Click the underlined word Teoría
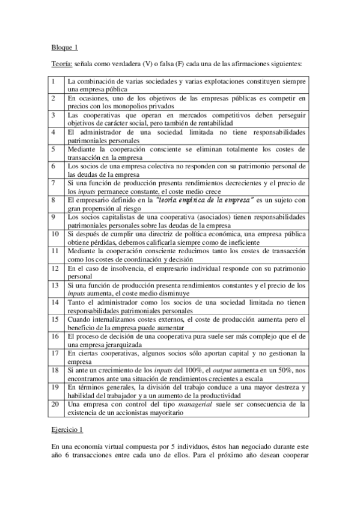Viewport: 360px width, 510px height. (x=61, y=63)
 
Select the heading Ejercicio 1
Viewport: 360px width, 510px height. (x=66, y=431)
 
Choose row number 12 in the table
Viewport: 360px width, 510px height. (x=55, y=266)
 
